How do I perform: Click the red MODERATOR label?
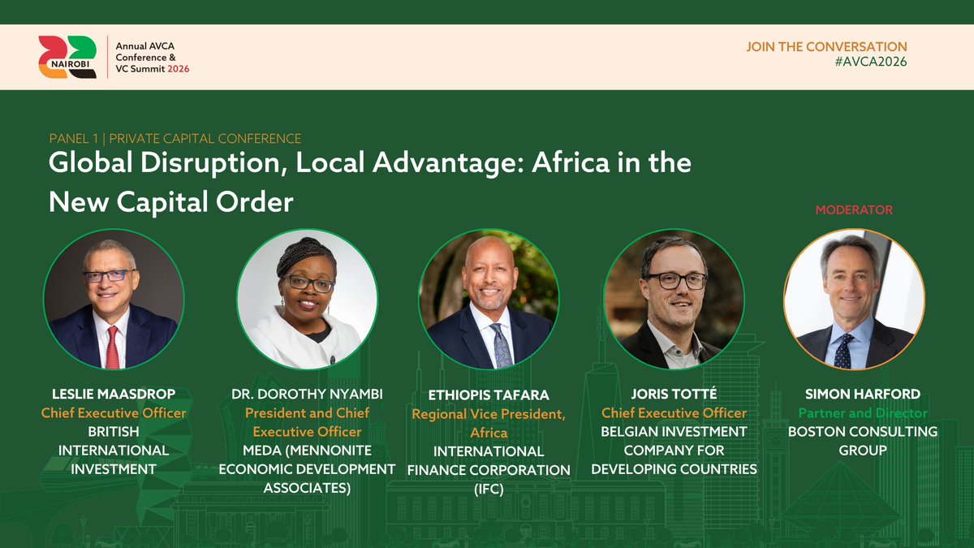coord(854,209)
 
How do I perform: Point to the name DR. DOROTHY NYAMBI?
coord(307,395)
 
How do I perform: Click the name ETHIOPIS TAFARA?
coord(489,395)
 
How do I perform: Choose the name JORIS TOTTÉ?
coord(674,395)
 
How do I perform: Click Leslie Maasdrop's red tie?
coord(112,347)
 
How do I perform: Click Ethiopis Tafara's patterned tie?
coord(501,344)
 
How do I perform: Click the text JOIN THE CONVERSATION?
coord(826,47)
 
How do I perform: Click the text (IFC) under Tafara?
coord(489,488)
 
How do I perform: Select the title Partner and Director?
coord(862,413)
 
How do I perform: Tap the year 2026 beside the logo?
coord(173,69)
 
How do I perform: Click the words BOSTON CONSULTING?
coord(862,432)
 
